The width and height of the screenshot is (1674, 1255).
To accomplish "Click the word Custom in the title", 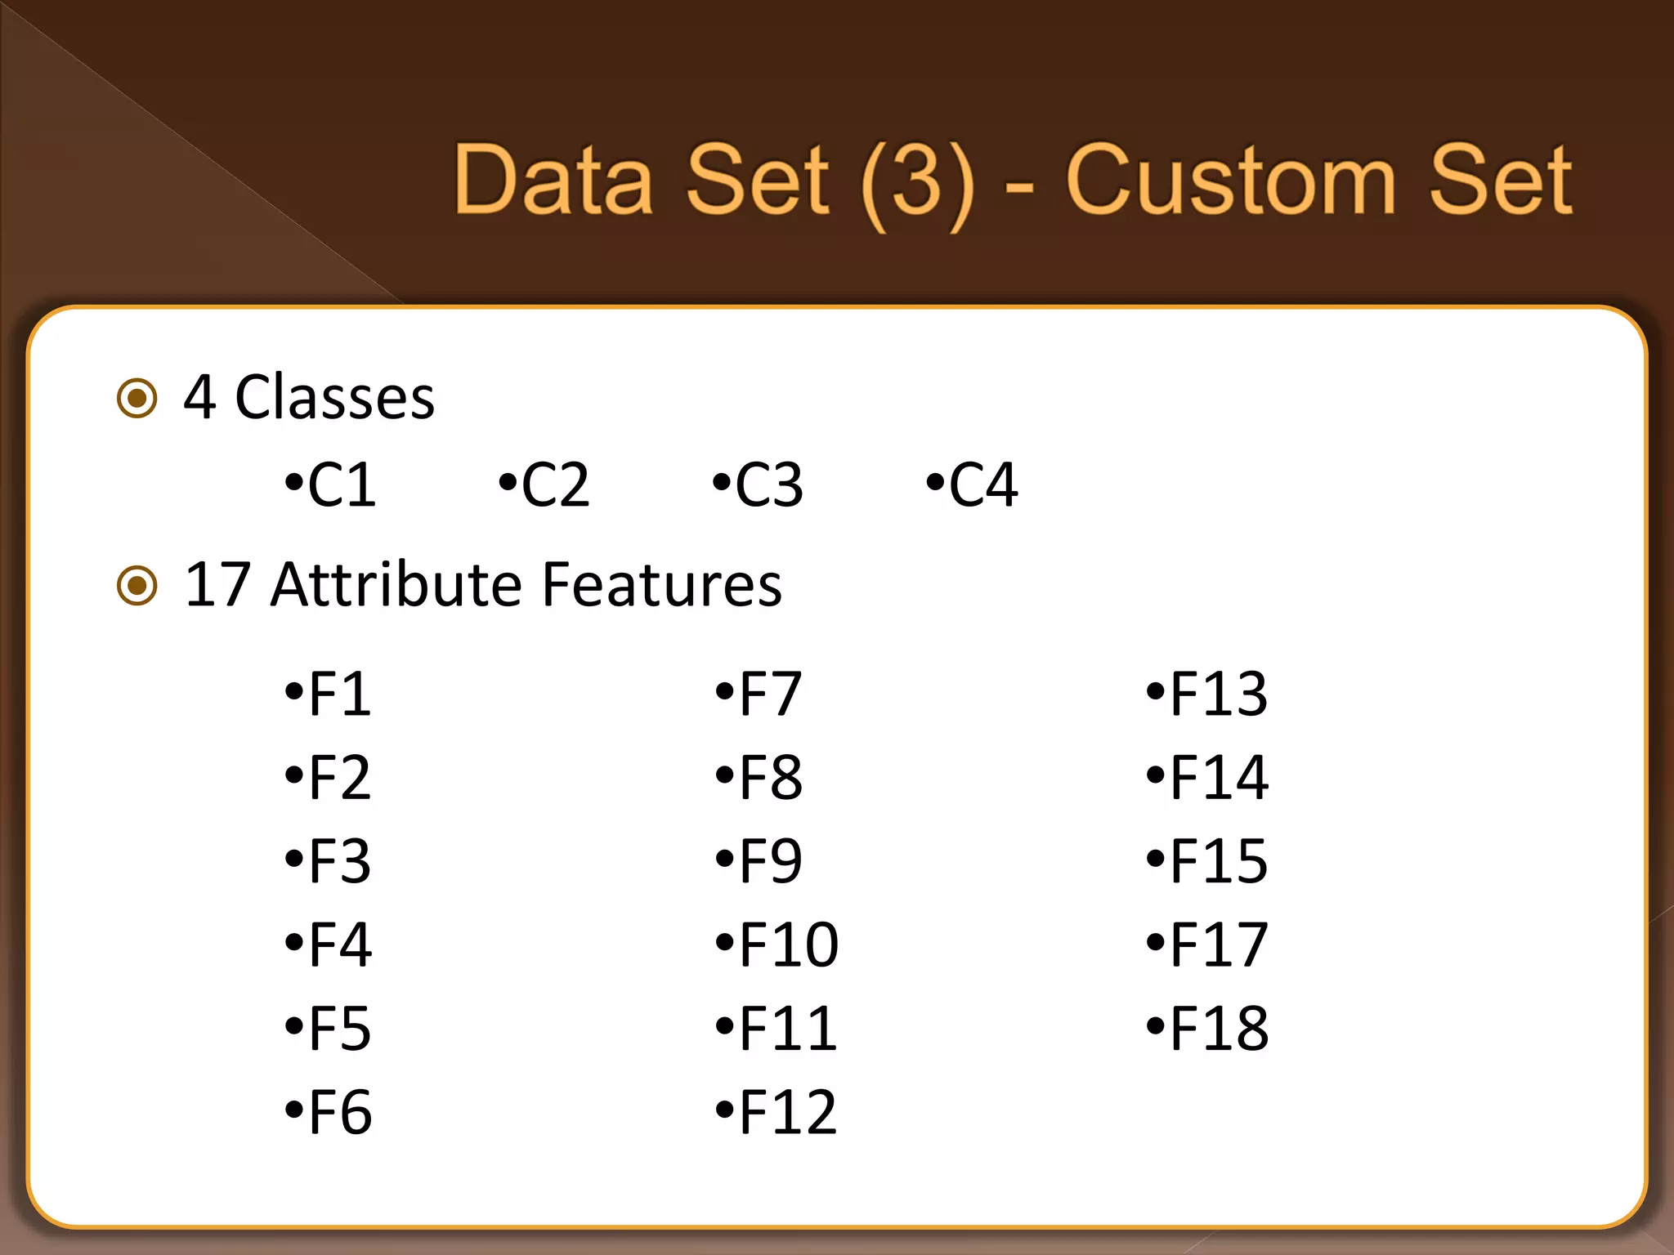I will click(x=1230, y=181).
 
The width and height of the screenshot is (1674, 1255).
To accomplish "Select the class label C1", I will click(x=341, y=485).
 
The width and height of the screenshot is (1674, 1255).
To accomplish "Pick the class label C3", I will click(x=768, y=485).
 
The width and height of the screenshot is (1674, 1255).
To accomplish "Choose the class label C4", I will click(x=982, y=485).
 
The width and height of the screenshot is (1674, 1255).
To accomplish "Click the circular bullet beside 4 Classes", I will click(x=137, y=399).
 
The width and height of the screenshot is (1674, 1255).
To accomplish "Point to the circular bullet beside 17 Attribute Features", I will click(x=137, y=585).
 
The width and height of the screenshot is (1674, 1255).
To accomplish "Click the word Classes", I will click(x=335, y=398).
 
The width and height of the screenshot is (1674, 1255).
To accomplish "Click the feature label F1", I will click(x=339, y=694).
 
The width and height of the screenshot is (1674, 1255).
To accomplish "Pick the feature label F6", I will click(x=339, y=1112).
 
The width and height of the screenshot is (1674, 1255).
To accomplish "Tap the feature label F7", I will click(x=769, y=694).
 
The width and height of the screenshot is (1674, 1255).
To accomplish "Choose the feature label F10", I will click(x=788, y=945).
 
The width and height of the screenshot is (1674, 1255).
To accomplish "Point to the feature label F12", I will click(x=788, y=1112).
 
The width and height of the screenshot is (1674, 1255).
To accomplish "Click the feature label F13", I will click(x=1218, y=694).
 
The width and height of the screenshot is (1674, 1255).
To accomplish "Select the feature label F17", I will click(x=1218, y=945).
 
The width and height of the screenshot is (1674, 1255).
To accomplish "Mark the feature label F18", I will click(x=1218, y=1029).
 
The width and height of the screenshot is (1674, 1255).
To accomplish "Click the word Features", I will click(x=662, y=585).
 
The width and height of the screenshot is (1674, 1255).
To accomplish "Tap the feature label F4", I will click(x=339, y=945).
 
